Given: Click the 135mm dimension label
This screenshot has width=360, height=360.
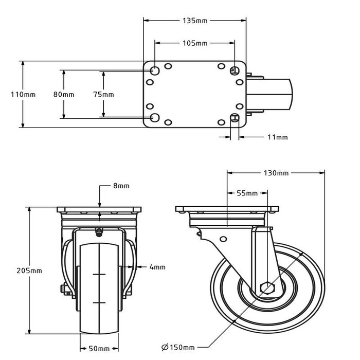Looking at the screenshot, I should (195, 21).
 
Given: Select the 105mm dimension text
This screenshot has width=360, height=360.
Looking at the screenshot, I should (195, 43).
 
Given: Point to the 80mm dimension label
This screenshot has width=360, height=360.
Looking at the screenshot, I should (64, 95).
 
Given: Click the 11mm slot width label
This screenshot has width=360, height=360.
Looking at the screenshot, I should (278, 137).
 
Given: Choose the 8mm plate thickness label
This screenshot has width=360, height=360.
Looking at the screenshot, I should (121, 186).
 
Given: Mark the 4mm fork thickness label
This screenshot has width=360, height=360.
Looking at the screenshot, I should (157, 267).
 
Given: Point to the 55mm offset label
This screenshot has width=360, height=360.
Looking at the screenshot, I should (247, 193).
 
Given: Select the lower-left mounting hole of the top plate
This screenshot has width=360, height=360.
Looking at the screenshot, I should (154, 118).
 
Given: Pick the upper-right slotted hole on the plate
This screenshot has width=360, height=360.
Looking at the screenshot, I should (235, 70).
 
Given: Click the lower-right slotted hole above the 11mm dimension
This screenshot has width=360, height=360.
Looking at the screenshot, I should (236, 118).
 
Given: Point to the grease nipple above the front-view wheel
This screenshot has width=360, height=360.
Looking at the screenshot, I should (98, 233).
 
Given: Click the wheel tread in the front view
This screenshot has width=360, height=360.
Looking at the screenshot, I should (98, 288).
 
